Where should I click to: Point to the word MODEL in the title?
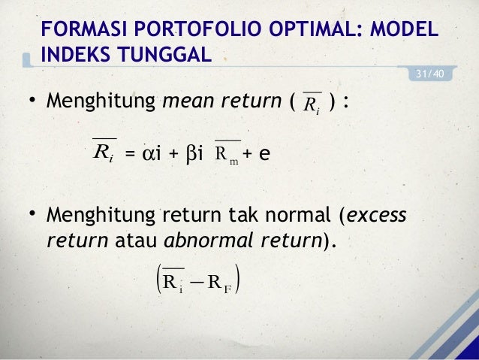coord(402,29)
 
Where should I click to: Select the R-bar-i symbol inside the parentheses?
coord(309,104)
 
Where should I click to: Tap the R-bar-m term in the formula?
coord(226,154)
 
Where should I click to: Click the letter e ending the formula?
coord(264,154)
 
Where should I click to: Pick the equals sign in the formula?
coord(129,155)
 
